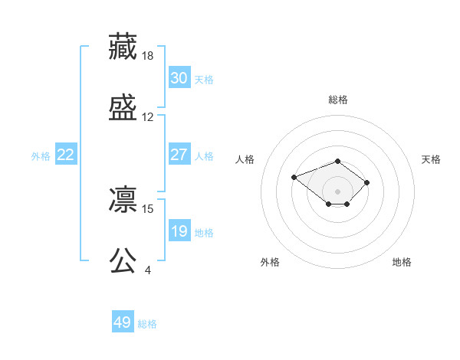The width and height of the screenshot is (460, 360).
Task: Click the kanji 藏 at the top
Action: [123, 45]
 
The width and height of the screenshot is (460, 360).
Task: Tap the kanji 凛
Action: [123, 198]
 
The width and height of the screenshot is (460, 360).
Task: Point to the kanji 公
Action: [123, 260]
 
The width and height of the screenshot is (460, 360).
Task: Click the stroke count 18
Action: [149, 55]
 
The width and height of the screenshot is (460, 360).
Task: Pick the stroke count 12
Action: [148, 117]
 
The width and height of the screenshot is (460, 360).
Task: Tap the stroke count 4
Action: [148, 270]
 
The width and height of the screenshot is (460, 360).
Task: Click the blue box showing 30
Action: [179, 77]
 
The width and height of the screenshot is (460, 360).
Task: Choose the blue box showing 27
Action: [179, 155]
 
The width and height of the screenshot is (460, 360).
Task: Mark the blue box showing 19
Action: [179, 231]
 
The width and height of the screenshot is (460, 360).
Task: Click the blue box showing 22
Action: [66, 155]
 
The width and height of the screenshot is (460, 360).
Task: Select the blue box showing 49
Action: [123, 322]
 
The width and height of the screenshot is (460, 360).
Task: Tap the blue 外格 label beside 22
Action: [41, 156]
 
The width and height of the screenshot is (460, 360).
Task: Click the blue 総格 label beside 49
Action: [147, 324]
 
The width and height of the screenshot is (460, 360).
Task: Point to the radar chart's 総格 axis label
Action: [338, 100]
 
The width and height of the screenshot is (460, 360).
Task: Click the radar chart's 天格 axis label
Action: [431, 159]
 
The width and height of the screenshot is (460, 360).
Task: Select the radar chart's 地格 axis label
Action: [402, 262]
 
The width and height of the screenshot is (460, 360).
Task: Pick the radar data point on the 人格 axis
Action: [294, 178]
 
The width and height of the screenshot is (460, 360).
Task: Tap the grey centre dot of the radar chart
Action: [338, 191]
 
